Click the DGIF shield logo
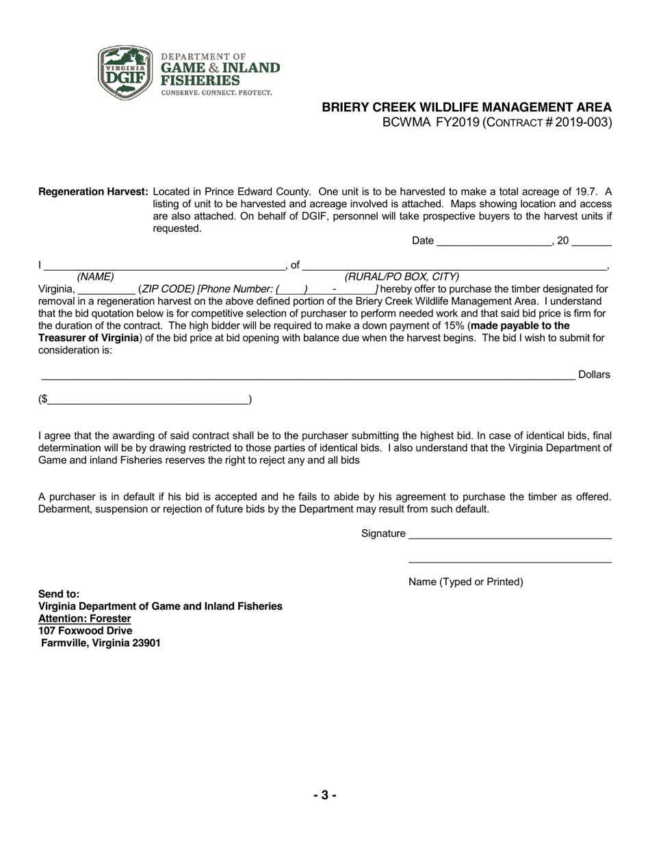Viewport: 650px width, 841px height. [125, 72]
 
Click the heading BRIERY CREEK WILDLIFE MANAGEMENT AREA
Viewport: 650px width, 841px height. [467, 107]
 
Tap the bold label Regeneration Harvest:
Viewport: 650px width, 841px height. [93, 192]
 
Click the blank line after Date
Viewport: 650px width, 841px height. [493, 241]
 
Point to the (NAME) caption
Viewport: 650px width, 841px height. [96, 277]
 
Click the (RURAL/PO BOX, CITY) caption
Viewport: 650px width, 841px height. [402, 277]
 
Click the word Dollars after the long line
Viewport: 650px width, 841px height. [594, 375]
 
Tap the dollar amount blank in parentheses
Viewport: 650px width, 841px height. [148, 400]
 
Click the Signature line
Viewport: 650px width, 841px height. [510, 535]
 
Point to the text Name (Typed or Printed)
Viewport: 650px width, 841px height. [465, 582]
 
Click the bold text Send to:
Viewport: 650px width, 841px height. [59, 594]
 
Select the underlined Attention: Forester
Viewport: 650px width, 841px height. [84, 619]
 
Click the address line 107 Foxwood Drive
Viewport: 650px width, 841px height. [86, 631]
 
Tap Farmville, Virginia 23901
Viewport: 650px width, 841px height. [101, 643]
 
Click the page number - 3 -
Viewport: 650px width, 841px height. [325, 795]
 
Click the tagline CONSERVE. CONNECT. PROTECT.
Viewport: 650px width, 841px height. [216, 92]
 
